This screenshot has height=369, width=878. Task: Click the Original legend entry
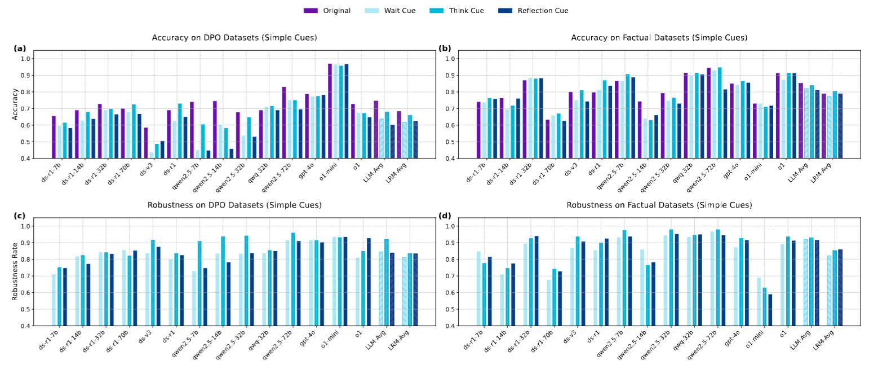click(327, 11)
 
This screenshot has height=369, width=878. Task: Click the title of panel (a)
click(234, 38)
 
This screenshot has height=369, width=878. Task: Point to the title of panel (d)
click(659, 205)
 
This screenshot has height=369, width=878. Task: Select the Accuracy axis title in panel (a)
click(15, 104)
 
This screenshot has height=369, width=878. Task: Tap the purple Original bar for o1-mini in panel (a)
click(330, 111)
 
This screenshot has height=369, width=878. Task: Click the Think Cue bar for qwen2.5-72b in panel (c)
click(293, 279)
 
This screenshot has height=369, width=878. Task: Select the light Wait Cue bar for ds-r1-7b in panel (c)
click(54, 300)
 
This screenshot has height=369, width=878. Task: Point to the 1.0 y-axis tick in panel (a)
click(33, 59)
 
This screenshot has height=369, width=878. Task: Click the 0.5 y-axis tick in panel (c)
click(33, 309)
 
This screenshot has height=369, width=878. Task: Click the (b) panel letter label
click(445, 49)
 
